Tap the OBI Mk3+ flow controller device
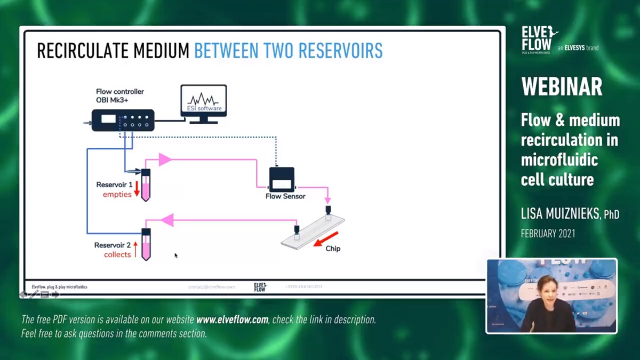click(x=123, y=119)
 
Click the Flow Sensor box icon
click(x=282, y=180)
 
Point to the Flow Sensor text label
click(x=285, y=196)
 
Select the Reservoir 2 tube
click(x=146, y=244)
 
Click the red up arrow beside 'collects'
click(x=135, y=249)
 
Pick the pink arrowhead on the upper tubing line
click(x=164, y=159)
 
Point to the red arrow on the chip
click(x=325, y=239)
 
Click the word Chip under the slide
click(x=333, y=249)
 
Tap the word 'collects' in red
click(x=117, y=254)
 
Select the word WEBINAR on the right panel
click(x=562, y=86)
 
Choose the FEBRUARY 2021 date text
click(x=548, y=234)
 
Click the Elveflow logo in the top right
click(x=539, y=39)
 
